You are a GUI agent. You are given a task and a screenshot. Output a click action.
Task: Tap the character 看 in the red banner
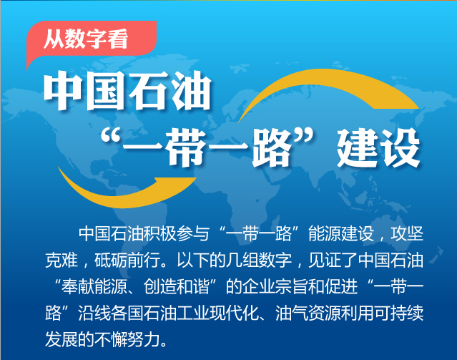(118, 39)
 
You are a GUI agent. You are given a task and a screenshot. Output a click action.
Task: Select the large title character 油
(191, 90)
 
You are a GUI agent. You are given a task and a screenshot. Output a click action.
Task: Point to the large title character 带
(187, 147)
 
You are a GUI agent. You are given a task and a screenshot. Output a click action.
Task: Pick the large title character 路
(272, 147)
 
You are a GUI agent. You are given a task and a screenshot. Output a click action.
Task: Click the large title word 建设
(378, 147)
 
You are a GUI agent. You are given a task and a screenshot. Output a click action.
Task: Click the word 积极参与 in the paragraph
(176, 234)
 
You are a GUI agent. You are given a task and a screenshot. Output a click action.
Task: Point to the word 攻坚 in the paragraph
(407, 234)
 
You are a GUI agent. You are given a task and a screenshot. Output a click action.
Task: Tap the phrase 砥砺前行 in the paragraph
(127, 261)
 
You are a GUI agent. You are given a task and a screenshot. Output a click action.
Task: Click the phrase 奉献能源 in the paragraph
(94, 287)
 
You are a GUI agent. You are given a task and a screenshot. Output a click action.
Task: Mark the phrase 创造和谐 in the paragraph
(177, 287)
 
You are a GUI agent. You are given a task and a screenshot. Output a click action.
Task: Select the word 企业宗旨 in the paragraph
(275, 287)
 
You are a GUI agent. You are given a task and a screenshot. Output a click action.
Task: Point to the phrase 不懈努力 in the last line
(127, 340)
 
